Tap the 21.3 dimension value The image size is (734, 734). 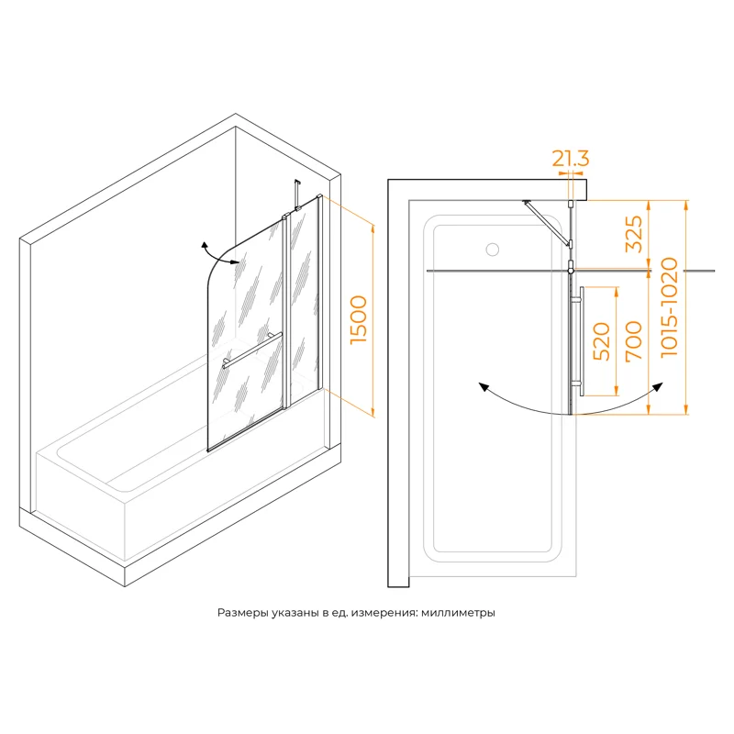pos(571,159)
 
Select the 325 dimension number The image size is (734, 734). pos(633,235)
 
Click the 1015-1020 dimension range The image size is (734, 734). pos(670,307)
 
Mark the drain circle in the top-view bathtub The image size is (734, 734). pos(492,249)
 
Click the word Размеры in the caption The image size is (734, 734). pos(242,613)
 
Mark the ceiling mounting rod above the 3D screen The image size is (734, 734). pos(296,195)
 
